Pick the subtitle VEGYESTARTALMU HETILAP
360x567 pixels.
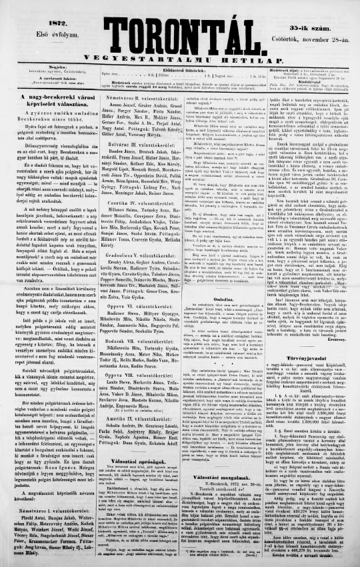(178, 50)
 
